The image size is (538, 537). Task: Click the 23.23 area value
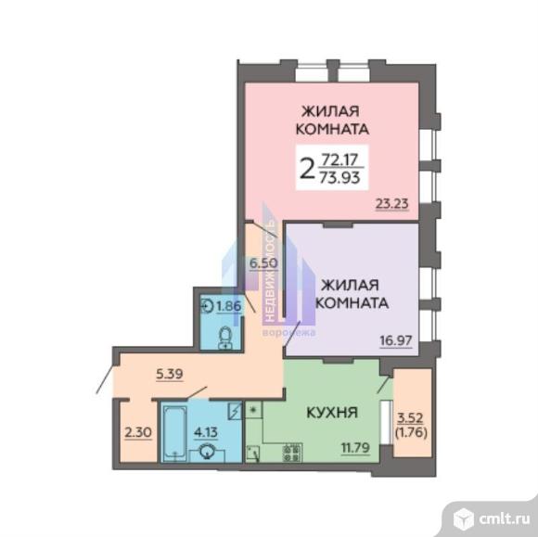pyautogui.click(x=392, y=204)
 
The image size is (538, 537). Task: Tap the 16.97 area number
pyautogui.click(x=396, y=340)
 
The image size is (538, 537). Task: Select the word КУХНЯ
pyautogui.click(x=332, y=412)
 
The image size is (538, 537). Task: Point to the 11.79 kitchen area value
pyautogui.click(x=355, y=447)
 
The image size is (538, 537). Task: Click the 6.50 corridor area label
pyautogui.click(x=263, y=263)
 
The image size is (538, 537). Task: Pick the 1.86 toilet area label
pyautogui.click(x=228, y=306)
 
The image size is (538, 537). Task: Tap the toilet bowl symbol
pyautogui.click(x=225, y=338)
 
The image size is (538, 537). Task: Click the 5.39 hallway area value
pyautogui.click(x=170, y=374)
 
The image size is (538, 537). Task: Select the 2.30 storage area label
pyautogui.click(x=138, y=432)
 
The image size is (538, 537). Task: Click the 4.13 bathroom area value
pyautogui.click(x=206, y=432)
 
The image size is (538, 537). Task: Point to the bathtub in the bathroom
pyautogui.click(x=175, y=433)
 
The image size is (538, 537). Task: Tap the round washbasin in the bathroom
pyautogui.click(x=208, y=453)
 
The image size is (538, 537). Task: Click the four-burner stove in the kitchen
pyautogui.click(x=292, y=453)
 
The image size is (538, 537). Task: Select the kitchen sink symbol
pyautogui.click(x=253, y=454)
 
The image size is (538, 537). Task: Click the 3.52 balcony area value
pyautogui.click(x=410, y=418)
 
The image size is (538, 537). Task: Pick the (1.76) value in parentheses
pyautogui.click(x=411, y=433)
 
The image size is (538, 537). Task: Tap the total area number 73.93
pyautogui.click(x=339, y=177)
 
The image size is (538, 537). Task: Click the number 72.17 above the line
pyautogui.click(x=339, y=160)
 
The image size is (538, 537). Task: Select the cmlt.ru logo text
pyautogui.click(x=504, y=519)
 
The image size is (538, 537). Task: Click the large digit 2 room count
pyautogui.click(x=307, y=168)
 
